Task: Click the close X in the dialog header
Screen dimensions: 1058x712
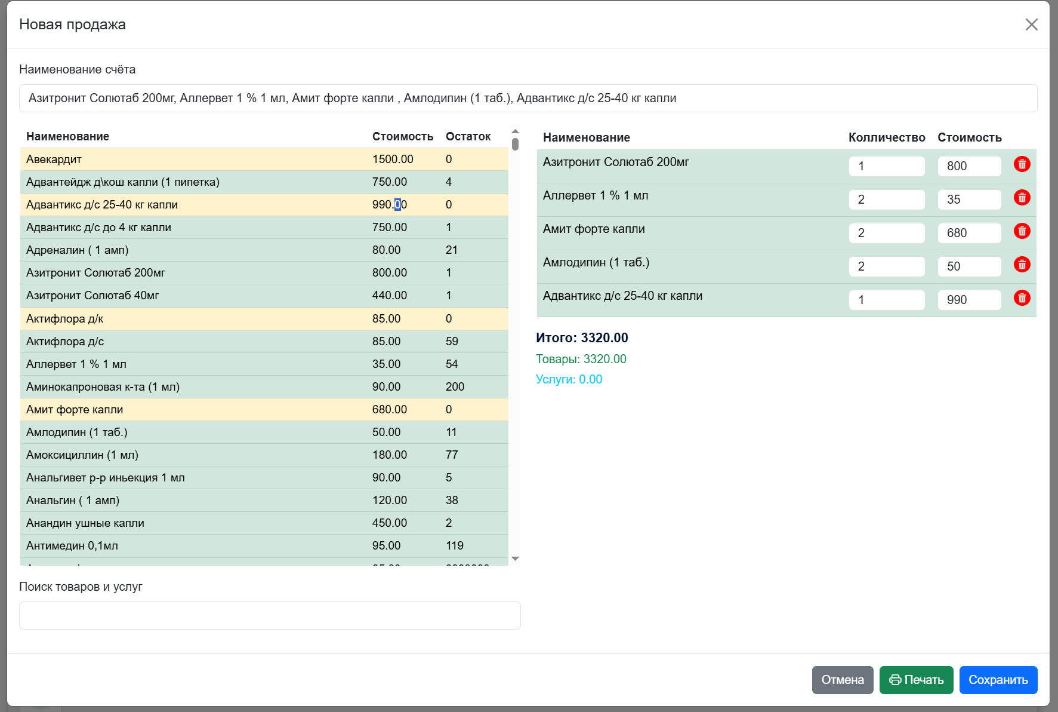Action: tap(1031, 24)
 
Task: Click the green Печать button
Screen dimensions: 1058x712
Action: tap(916, 680)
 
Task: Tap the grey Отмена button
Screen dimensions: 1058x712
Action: tap(843, 680)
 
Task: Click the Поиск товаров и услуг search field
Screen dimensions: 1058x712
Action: tap(270, 615)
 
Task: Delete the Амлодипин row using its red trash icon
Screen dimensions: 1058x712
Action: tap(1022, 265)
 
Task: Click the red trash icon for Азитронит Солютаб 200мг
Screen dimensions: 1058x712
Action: tap(1022, 164)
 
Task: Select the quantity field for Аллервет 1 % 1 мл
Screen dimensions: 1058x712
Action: tap(887, 200)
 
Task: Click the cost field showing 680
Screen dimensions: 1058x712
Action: tap(969, 233)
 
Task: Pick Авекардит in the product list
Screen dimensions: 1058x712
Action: tap(54, 159)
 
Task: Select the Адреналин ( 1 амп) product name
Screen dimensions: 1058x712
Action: tap(78, 250)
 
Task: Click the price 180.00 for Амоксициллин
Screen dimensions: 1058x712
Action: tap(390, 455)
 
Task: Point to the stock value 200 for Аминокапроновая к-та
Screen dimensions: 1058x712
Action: tap(455, 387)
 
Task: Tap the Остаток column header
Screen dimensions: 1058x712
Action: tap(468, 137)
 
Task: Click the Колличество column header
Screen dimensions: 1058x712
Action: tap(887, 138)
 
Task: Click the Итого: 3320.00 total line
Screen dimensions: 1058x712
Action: tap(582, 338)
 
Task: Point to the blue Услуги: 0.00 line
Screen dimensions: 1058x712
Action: tap(569, 379)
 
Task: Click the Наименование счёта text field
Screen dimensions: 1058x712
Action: tap(528, 98)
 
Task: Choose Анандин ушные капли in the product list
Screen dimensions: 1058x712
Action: tap(85, 523)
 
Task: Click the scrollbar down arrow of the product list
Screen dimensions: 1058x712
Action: tap(516, 558)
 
